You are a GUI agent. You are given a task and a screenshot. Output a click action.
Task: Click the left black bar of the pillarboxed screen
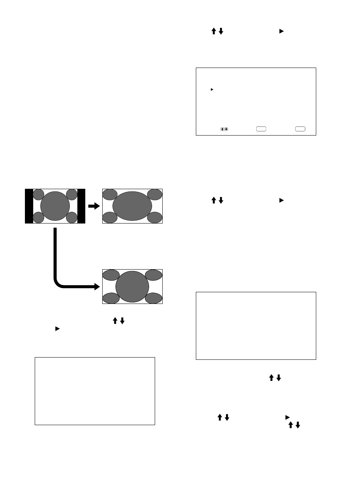[29, 206]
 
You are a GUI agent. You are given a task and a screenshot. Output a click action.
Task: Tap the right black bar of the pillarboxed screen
[81, 206]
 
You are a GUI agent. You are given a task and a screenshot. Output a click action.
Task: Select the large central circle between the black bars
[55, 206]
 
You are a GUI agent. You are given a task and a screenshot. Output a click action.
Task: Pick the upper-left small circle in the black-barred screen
[38, 194]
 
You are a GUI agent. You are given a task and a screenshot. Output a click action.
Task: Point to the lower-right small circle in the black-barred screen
[72, 217]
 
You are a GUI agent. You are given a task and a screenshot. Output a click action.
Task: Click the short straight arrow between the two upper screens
[93, 206]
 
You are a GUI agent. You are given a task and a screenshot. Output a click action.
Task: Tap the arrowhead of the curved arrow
[96, 287]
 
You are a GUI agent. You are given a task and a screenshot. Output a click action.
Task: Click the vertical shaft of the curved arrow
[55, 253]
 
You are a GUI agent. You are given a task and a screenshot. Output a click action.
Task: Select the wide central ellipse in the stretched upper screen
[132, 206]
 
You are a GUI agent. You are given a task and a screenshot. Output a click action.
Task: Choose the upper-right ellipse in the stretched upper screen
[154, 195]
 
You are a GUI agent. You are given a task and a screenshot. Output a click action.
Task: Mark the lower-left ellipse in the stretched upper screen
[110, 217]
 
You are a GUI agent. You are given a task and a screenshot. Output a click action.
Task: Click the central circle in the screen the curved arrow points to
[132, 287]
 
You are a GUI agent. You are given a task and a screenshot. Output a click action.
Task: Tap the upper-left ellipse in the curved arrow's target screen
[111, 275]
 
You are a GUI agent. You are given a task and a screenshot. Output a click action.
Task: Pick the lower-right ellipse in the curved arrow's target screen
[154, 298]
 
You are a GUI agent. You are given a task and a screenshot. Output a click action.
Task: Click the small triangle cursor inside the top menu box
[212, 89]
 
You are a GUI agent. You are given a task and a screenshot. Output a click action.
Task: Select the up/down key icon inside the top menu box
[224, 129]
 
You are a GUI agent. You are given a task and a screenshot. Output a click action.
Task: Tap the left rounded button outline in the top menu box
[261, 129]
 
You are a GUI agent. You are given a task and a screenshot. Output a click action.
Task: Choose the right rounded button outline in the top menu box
[300, 129]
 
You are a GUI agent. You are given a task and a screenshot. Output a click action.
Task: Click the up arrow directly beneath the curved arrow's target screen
[115, 321]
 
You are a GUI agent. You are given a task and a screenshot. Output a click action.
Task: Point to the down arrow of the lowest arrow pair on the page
[298, 425]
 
